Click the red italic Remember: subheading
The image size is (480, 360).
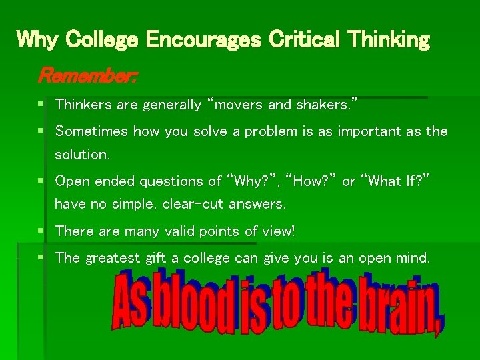pos(87,75)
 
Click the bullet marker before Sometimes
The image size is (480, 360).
pos(42,131)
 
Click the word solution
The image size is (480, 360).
pos(81,155)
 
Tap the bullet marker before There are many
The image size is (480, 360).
pos(42,231)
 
